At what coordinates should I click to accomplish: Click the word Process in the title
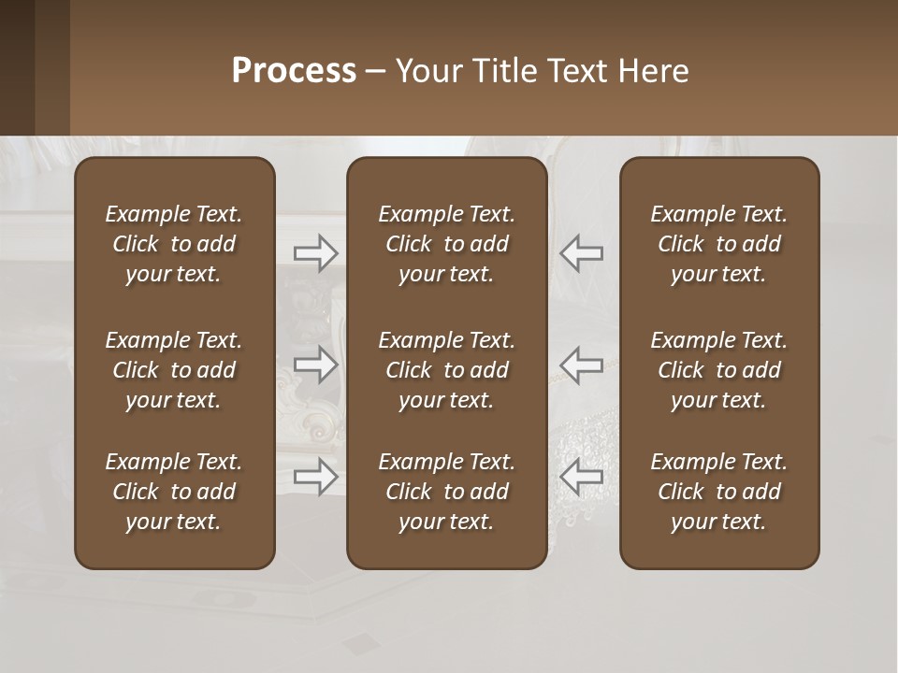(294, 71)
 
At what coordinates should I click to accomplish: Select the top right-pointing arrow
(315, 253)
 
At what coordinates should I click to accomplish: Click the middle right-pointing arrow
(315, 365)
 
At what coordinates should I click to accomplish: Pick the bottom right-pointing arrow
(315, 477)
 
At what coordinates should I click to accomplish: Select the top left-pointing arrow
(582, 253)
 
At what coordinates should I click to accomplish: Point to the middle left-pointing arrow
(582, 365)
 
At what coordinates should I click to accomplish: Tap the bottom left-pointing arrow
(582, 477)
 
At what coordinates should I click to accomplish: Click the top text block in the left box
(174, 244)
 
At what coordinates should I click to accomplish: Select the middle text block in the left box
(174, 370)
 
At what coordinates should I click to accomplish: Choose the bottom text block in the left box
(174, 492)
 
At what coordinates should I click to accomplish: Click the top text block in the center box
(446, 244)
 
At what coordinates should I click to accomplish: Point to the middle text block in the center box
(446, 370)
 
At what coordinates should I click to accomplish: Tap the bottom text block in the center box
(446, 492)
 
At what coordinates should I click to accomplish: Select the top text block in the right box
(718, 244)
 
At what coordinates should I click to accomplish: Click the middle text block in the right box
(718, 370)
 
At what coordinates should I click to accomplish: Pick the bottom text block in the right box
(718, 492)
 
